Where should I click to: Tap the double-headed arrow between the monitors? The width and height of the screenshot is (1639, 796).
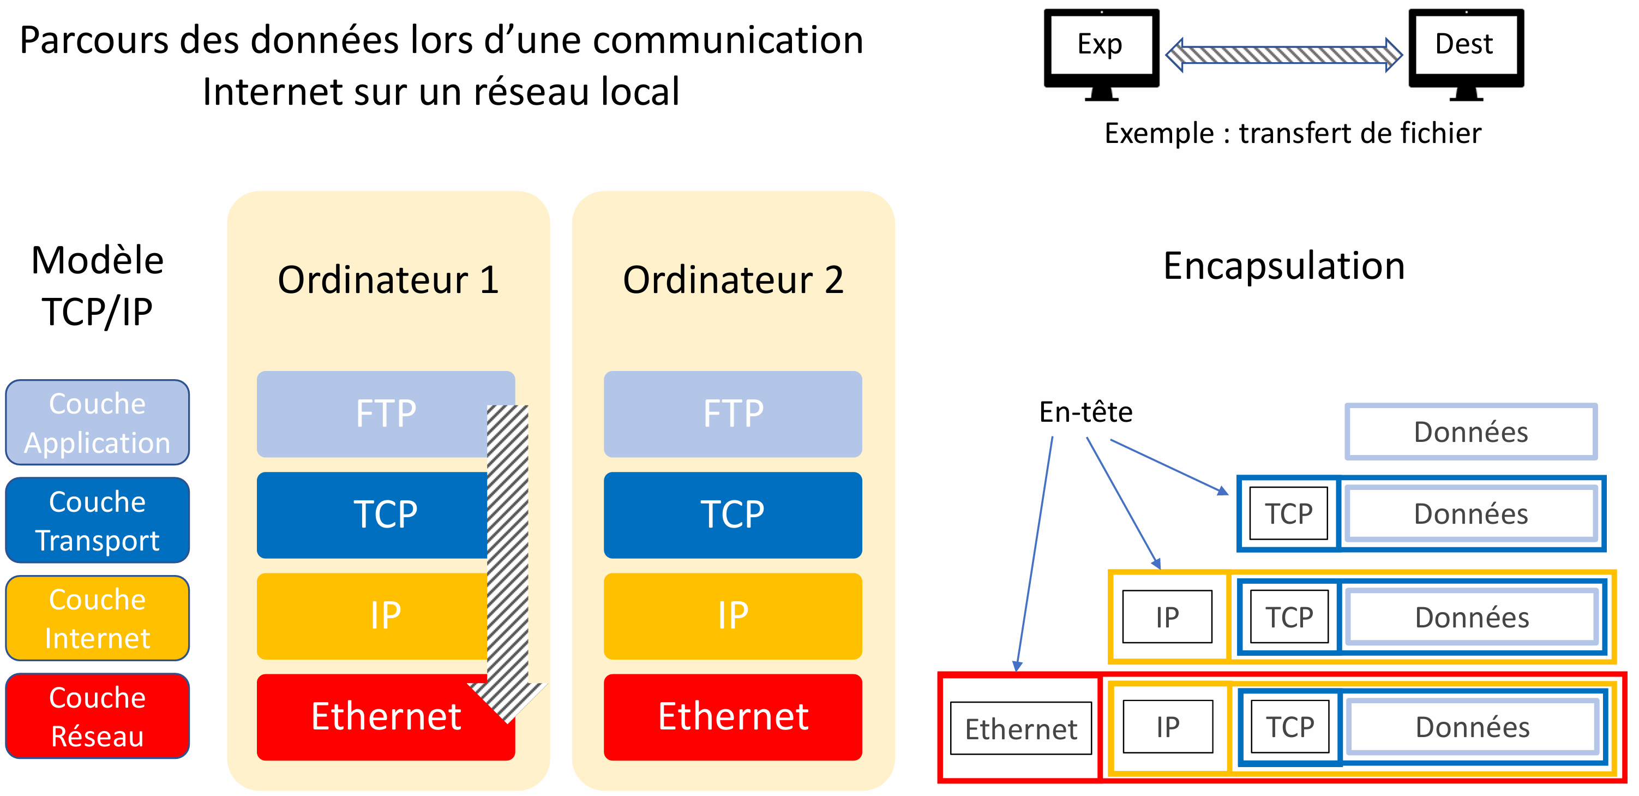(1283, 55)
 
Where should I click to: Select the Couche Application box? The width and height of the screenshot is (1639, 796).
(97, 422)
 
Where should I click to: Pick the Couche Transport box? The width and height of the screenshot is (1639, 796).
(97, 520)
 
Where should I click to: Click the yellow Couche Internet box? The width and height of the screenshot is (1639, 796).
(97, 619)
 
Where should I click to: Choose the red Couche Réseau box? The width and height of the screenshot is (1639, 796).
(97, 716)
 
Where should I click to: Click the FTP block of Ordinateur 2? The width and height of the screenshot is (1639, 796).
(733, 414)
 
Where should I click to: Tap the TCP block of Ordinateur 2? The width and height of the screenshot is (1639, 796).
(733, 515)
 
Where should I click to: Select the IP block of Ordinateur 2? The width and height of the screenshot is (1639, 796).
(733, 616)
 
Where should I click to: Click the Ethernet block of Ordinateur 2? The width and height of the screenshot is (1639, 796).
(733, 717)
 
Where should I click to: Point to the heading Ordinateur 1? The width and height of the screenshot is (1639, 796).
(388, 280)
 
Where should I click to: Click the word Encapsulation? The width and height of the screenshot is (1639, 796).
(1284, 266)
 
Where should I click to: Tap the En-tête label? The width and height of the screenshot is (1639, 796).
(1085, 412)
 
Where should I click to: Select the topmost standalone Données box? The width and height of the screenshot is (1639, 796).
(1470, 432)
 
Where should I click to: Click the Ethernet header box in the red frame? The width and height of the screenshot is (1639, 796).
(1020, 728)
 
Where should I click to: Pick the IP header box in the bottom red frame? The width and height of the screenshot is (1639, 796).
(1168, 727)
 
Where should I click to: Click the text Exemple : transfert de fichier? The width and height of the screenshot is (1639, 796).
(1292, 134)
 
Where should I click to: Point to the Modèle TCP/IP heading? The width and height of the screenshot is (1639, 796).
(97, 286)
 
